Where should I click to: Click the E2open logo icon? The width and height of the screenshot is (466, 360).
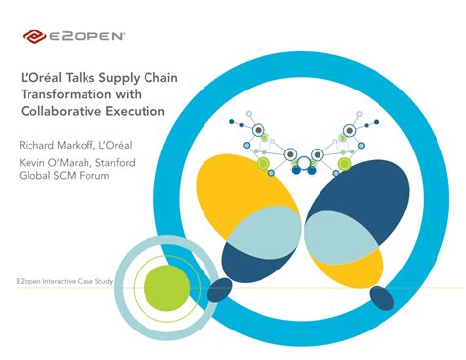tap(32, 37)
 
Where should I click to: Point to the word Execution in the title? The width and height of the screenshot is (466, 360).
tap(136, 113)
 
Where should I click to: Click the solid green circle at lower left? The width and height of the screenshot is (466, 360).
tap(166, 286)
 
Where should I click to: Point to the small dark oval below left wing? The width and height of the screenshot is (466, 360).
tap(220, 289)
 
